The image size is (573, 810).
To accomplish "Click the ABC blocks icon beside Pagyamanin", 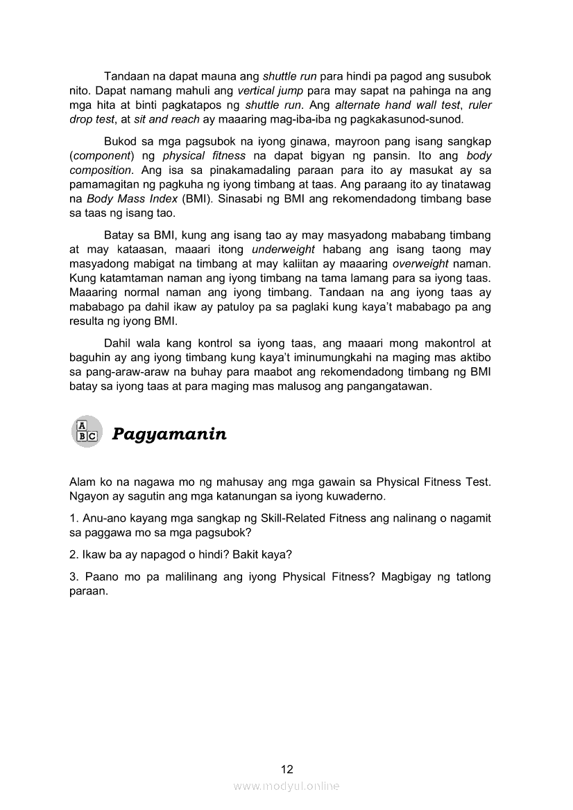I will point(86,431).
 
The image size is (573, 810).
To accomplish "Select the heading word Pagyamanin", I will point(169,434).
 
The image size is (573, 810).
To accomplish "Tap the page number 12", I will point(286,769).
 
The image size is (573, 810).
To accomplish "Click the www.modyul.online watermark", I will point(286,786).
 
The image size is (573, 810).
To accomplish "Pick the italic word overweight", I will point(425,263).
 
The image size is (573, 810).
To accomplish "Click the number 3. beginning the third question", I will point(74,577).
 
